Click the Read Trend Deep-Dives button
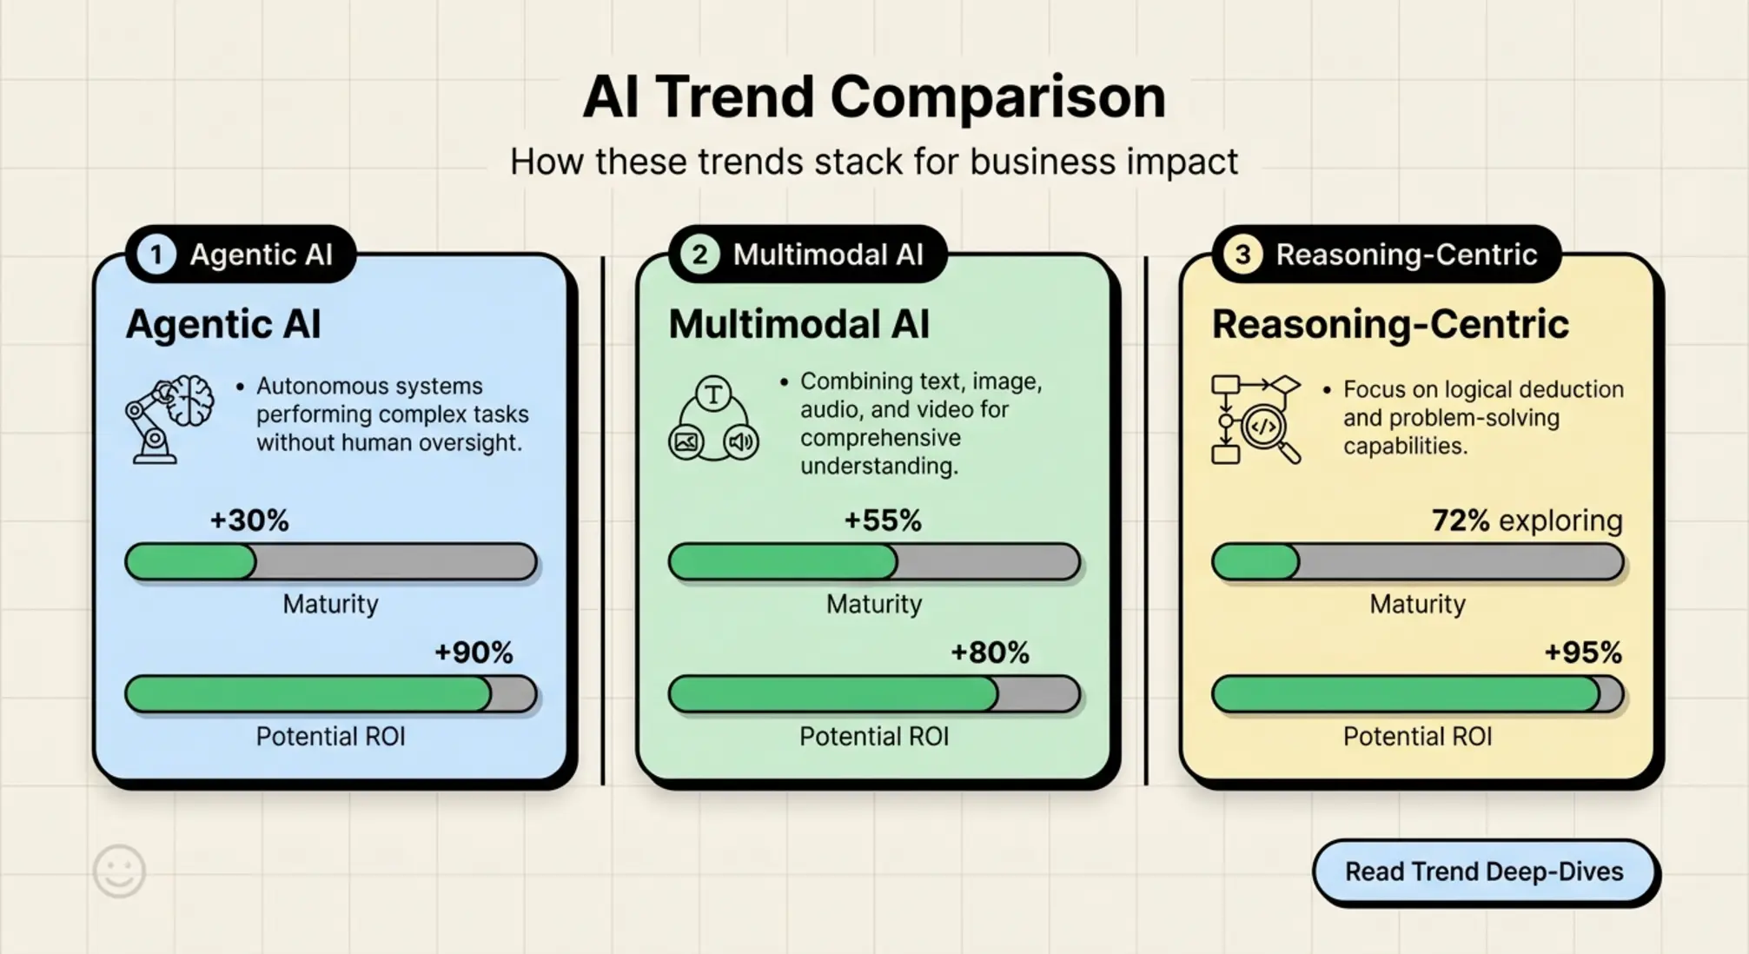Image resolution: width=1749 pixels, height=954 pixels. point(1484,871)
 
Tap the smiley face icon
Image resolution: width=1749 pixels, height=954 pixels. point(119,871)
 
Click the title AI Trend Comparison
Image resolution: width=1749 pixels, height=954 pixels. point(874,96)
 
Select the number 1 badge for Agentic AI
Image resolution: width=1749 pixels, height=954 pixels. point(156,255)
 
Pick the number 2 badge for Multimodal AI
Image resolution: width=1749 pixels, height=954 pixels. point(699,255)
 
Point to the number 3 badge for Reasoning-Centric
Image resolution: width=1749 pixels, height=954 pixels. point(1242,255)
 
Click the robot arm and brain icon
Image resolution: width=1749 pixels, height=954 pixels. point(170,418)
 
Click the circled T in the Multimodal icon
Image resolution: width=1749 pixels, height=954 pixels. point(713,394)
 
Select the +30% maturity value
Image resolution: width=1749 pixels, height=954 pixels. point(249,520)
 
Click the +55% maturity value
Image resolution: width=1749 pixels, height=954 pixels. point(882,520)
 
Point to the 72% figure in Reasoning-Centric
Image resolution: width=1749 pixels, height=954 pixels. point(1461,520)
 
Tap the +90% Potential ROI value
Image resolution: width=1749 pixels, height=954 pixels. point(474,653)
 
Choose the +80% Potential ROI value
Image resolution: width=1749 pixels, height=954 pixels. point(990,653)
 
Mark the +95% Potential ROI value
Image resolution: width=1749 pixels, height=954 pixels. point(1582,653)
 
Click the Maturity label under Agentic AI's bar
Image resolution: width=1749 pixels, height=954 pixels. point(330,604)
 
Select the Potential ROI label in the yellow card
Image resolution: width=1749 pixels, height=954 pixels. point(1417,737)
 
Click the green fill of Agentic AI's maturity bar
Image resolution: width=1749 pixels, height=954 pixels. point(190,562)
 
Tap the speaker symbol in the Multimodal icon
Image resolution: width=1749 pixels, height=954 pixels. point(741,442)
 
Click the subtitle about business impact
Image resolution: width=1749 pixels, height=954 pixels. point(874,162)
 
